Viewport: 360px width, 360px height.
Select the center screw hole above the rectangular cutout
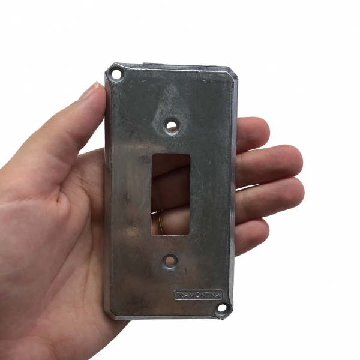171,125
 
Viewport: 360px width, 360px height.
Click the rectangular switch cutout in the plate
170,194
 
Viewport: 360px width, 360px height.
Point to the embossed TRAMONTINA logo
199,295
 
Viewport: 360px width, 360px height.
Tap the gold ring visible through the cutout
158,221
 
